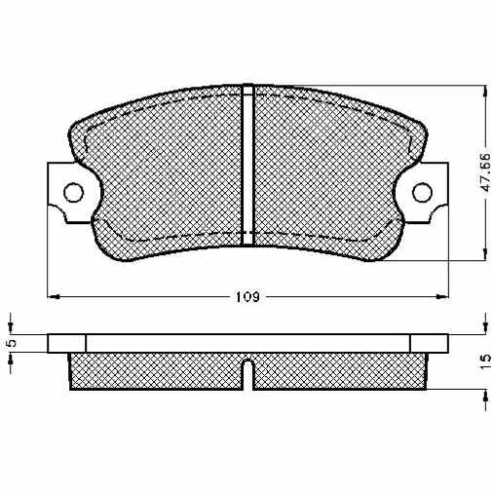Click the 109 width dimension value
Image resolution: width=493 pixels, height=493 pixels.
[247, 297]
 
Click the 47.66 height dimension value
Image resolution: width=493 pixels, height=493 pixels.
[485, 171]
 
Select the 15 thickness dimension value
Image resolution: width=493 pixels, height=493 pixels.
[485, 362]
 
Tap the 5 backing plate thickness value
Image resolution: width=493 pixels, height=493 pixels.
[11, 343]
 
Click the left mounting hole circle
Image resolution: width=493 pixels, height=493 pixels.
[73, 193]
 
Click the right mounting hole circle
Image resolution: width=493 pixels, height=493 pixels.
[422, 192]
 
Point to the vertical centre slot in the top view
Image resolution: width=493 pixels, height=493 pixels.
[247, 165]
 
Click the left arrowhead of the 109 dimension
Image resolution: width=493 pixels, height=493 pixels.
[54, 296]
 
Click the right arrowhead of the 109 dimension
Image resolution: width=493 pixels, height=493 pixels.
[442, 296]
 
